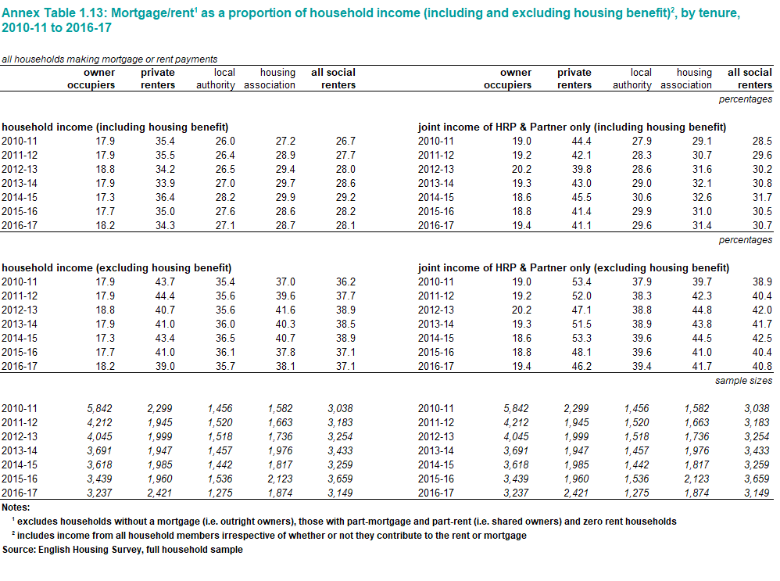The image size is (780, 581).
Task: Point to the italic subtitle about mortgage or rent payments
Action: point(109,59)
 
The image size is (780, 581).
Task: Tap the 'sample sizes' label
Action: point(744,381)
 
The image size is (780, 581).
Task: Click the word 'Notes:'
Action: point(16,507)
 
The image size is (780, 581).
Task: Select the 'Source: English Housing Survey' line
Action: point(123,550)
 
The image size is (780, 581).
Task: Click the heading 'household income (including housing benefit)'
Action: point(115,127)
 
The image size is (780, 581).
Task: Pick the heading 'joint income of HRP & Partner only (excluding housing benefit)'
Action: point(574,268)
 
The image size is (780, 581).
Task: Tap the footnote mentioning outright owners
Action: point(344,522)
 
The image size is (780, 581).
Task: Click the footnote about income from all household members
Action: point(269,535)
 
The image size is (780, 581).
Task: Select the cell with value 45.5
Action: point(581,198)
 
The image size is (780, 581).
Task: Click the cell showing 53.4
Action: point(581,282)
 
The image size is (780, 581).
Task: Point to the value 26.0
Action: point(225,142)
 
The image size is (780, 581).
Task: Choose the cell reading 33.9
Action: point(165,184)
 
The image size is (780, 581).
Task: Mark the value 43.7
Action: point(165,282)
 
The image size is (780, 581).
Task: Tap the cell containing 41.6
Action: point(285,310)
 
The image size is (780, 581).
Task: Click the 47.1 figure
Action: point(581,310)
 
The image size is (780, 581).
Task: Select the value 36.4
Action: point(165,198)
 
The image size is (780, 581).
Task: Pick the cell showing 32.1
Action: point(702,184)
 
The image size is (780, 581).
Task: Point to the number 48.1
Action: point(581,353)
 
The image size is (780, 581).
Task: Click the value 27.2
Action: point(285,142)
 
